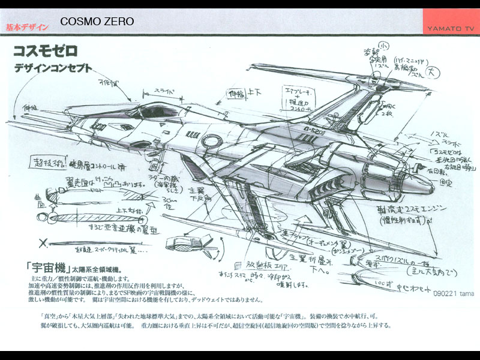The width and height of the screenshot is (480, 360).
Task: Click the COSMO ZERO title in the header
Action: tap(97, 22)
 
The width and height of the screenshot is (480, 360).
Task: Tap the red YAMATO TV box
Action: tap(451, 22)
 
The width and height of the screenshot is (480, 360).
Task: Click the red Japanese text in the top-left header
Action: tap(27, 27)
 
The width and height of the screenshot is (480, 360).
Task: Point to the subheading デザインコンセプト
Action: tap(54, 68)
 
